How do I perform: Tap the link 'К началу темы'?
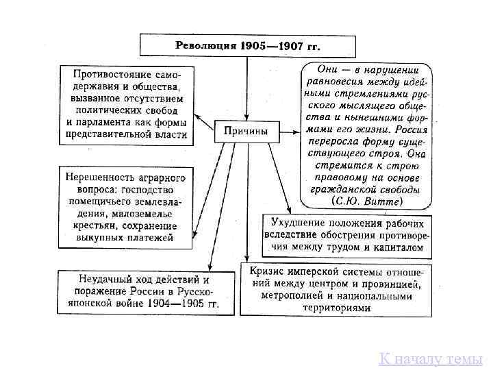pyautogui.click(x=431, y=358)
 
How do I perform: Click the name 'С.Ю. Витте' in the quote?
pyautogui.click(x=370, y=201)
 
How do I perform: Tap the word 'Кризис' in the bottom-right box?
pyautogui.click(x=267, y=271)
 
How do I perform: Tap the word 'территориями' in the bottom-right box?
pyautogui.click(x=336, y=308)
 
